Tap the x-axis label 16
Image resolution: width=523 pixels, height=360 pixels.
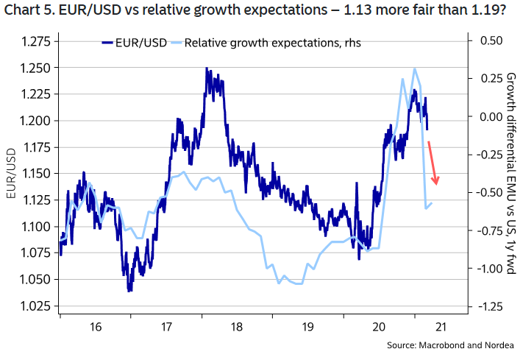tap(93, 327)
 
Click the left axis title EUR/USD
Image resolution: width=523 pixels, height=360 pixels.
tap(12, 174)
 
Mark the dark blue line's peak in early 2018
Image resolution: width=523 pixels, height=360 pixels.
tap(207, 68)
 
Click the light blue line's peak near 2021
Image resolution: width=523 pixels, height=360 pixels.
tap(416, 69)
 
